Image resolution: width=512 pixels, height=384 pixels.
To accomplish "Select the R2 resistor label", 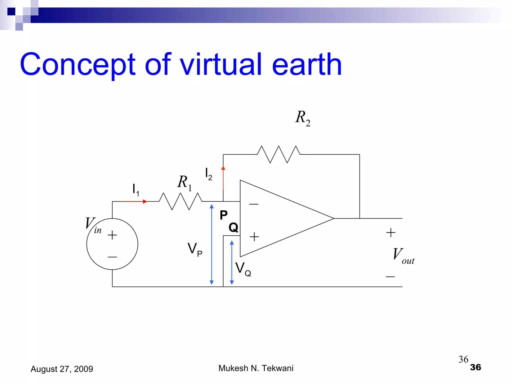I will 303,118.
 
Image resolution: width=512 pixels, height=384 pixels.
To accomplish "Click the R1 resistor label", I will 184,182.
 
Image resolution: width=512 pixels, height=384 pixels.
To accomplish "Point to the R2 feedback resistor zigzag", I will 278,154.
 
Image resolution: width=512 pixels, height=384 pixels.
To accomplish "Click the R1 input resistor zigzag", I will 180,201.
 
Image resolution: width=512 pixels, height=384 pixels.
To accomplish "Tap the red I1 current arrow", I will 132,201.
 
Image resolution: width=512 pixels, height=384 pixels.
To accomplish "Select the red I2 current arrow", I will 223,177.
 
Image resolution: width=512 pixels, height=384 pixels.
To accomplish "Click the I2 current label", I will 208,174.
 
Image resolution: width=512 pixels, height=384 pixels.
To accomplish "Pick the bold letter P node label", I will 223,215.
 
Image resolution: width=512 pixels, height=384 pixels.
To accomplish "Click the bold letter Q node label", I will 233,227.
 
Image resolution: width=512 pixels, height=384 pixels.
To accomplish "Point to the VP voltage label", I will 195,249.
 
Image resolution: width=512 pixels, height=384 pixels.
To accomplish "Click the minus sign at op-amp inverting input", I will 253,204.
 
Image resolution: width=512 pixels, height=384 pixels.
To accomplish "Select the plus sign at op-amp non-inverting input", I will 254,237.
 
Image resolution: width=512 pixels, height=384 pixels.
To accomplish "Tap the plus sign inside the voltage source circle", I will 112,235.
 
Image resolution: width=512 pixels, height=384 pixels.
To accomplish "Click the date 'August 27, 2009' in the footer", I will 62,369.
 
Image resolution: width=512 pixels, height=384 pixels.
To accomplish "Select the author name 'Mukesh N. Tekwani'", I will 256,368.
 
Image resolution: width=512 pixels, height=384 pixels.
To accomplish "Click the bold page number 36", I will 475,367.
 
